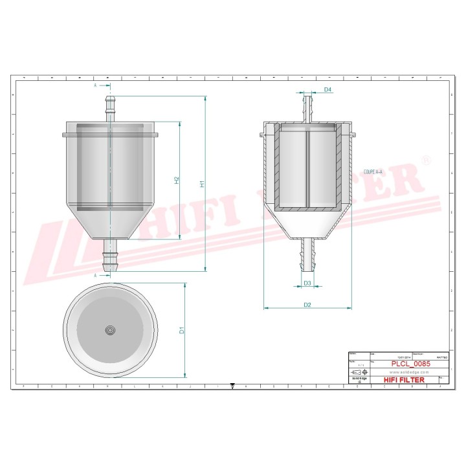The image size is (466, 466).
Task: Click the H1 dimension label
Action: click(203, 183)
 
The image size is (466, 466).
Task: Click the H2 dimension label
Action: click(177, 181)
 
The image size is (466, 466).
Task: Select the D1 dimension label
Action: click(183, 330)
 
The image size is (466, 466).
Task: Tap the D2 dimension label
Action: click(307, 304)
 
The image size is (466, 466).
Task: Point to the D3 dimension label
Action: click(307, 283)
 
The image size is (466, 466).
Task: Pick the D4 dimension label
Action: click(327, 89)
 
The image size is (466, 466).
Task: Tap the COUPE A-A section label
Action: click(373, 172)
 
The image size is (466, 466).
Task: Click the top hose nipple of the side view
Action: click(109, 107)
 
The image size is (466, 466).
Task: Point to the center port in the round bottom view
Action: click(110, 330)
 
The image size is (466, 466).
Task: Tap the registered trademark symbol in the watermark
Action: click(425, 159)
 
